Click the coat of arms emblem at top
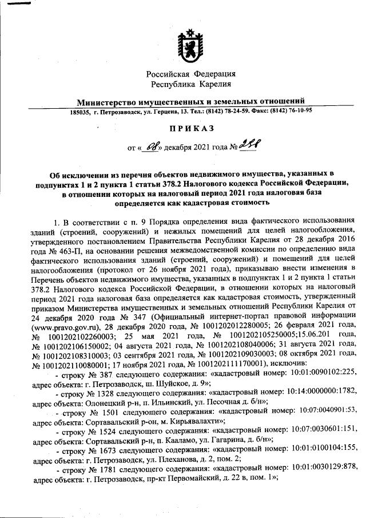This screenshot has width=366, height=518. pyautogui.click(x=190, y=46)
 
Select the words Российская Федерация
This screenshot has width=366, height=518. pyautogui.click(x=190, y=74)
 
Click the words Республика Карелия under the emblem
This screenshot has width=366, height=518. pyautogui.click(x=190, y=85)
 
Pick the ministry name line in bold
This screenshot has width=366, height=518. pyautogui.click(x=190, y=102)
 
